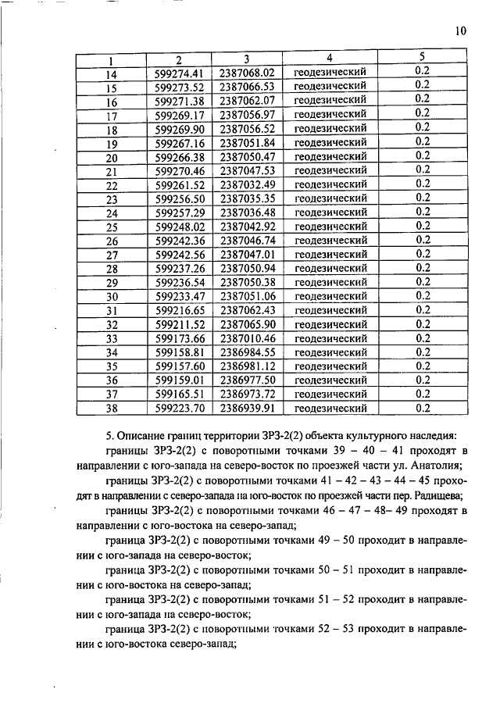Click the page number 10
tap(459, 31)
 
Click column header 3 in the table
tap(246, 59)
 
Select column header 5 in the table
tap(422, 57)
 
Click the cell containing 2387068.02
tap(247, 73)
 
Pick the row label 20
tap(111, 157)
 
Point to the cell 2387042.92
tap(247, 227)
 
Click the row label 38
tap(111, 409)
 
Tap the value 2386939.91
tap(247, 408)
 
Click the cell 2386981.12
tap(247, 366)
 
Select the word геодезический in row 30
tap(330, 297)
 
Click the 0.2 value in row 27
tap(423, 254)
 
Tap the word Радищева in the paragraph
tap(437, 495)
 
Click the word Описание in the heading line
tap(141, 435)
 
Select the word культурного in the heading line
tap(381, 435)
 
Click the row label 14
tap(111, 73)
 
